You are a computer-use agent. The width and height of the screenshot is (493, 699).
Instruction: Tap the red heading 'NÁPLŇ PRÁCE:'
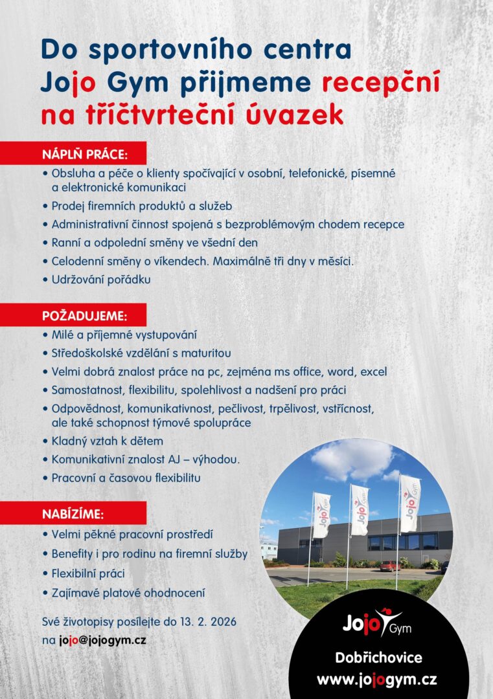[85, 155]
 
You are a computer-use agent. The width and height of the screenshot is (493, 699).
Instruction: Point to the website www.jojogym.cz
[376, 680]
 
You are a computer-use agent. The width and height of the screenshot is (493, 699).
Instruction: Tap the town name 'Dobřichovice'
[378, 658]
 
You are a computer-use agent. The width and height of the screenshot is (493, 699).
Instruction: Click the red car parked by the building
[389, 566]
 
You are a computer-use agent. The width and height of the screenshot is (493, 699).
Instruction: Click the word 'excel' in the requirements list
[374, 372]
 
